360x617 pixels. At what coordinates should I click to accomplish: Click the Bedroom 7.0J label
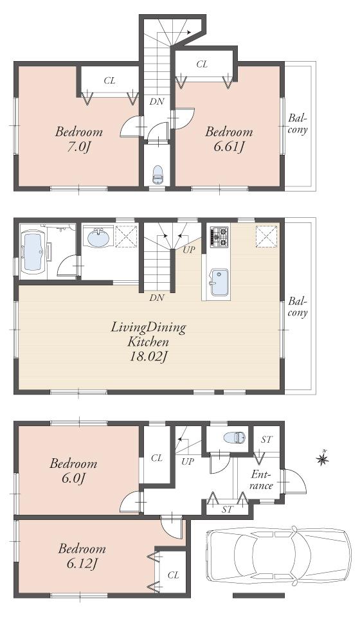[78, 139]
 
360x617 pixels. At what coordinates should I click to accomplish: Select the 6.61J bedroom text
[228, 139]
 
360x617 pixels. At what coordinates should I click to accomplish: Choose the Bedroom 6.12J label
[82, 557]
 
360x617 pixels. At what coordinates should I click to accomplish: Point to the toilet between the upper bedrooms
[157, 174]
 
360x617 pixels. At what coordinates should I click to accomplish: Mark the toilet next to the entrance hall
[233, 438]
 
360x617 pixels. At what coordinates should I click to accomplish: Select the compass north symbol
[323, 458]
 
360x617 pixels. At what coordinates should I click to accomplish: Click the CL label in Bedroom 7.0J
[110, 81]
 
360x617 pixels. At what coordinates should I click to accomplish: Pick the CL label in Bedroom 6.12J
[172, 575]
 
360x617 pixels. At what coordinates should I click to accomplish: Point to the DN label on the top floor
[156, 101]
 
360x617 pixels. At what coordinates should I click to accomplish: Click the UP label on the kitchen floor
[188, 249]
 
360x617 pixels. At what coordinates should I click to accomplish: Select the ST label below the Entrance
[226, 509]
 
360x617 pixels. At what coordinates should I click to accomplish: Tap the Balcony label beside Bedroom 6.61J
[297, 123]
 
